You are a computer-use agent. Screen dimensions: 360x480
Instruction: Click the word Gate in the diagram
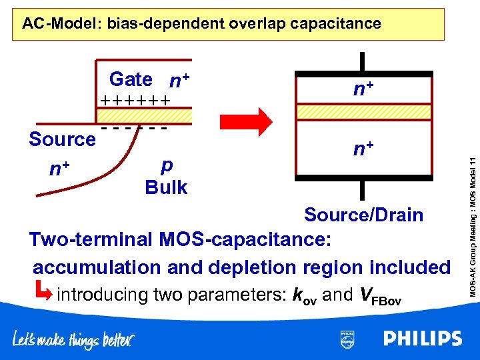point(131,79)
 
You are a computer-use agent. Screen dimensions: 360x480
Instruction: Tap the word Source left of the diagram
point(63,139)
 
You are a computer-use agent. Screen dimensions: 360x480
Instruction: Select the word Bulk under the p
point(166,187)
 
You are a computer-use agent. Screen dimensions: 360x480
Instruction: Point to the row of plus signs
point(135,101)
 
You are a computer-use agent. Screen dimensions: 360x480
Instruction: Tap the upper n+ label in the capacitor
point(363,87)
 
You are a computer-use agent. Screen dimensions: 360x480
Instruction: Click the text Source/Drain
point(363,215)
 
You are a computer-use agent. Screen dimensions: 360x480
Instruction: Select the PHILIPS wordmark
point(423,339)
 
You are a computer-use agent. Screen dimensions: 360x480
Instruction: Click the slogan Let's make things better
point(73,340)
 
